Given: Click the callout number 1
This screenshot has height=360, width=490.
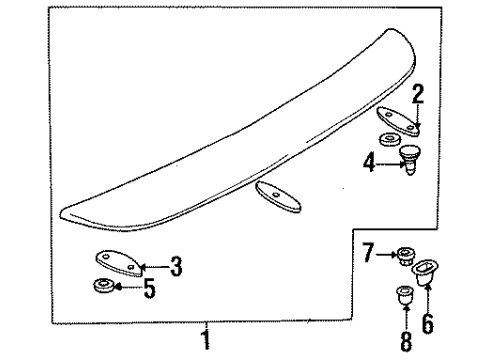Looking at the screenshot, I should click(206, 340).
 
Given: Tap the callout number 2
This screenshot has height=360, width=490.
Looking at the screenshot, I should click(418, 96).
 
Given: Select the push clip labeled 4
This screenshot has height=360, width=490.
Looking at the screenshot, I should click(410, 157).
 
